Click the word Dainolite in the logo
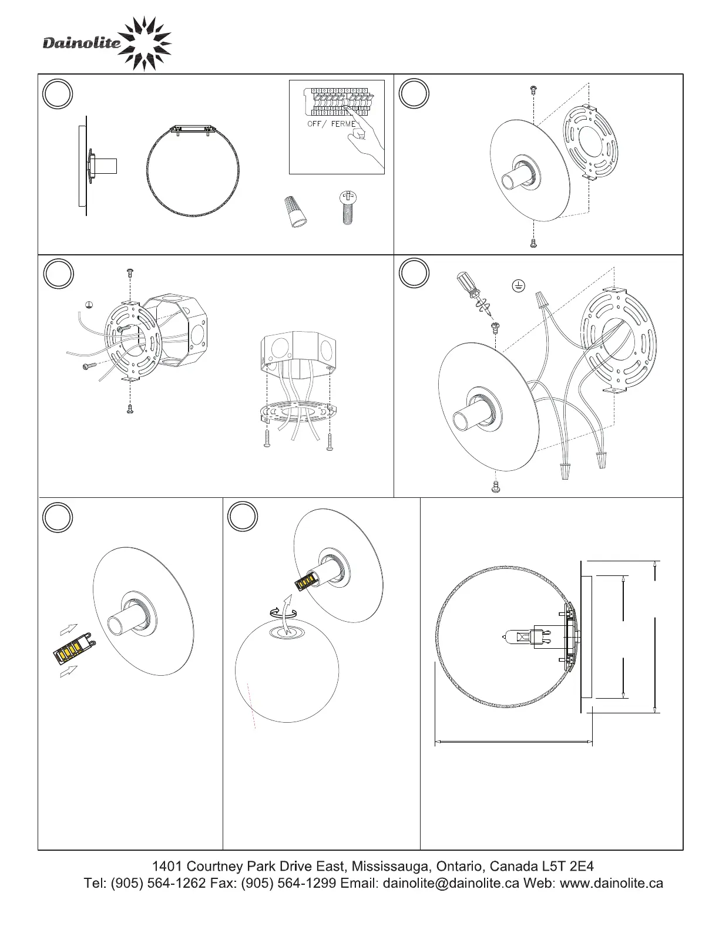(82, 43)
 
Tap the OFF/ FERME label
(331, 124)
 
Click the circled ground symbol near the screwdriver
(519, 286)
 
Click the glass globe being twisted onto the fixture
(287, 670)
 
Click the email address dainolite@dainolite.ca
(451, 883)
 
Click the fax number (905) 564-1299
(288, 883)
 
